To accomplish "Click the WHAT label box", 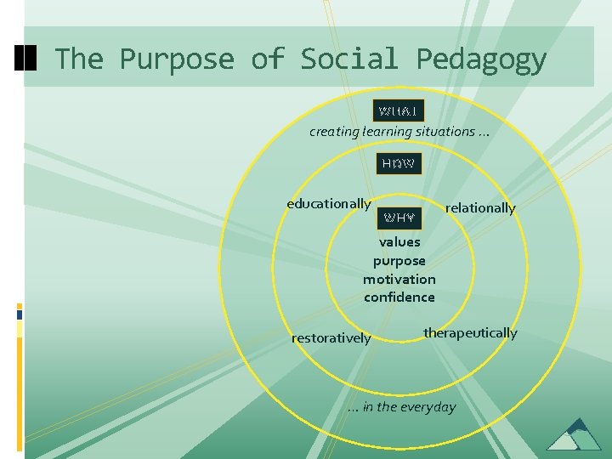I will (x=399, y=111).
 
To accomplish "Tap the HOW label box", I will (x=399, y=163).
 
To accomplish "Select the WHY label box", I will (x=399, y=218).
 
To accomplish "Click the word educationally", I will (x=329, y=204).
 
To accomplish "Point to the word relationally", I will (x=480, y=208).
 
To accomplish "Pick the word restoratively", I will (x=331, y=338).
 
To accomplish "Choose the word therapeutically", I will (x=470, y=333).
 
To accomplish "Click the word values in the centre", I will (x=399, y=242).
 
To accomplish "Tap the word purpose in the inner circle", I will (x=399, y=261).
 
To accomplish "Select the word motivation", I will (x=399, y=280).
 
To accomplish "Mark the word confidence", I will (x=399, y=297).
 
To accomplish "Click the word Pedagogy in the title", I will (x=481, y=59).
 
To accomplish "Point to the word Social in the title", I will (x=348, y=59).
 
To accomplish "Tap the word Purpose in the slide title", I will (x=176, y=59).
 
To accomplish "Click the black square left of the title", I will (x=25, y=58).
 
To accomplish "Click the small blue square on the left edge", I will (x=20, y=314).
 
